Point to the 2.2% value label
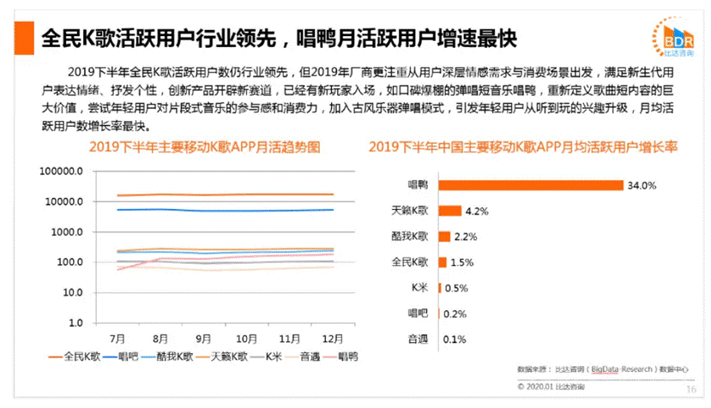pyautogui.click(x=464, y=237)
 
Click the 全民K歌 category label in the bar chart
pyautogui.click(x=409, y=262)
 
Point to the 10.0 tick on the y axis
pyautogui.click(x=69, y=293)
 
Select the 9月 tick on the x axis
pyautogui.click(x=203, y=339)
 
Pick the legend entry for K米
pyautogui.click(x=271, y=355)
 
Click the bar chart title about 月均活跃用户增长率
pyautogui.click(x=522, y=147)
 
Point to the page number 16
pyautogui.click(x=691, y=388)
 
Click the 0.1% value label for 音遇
pyautogui.click(x=451, y=339)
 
